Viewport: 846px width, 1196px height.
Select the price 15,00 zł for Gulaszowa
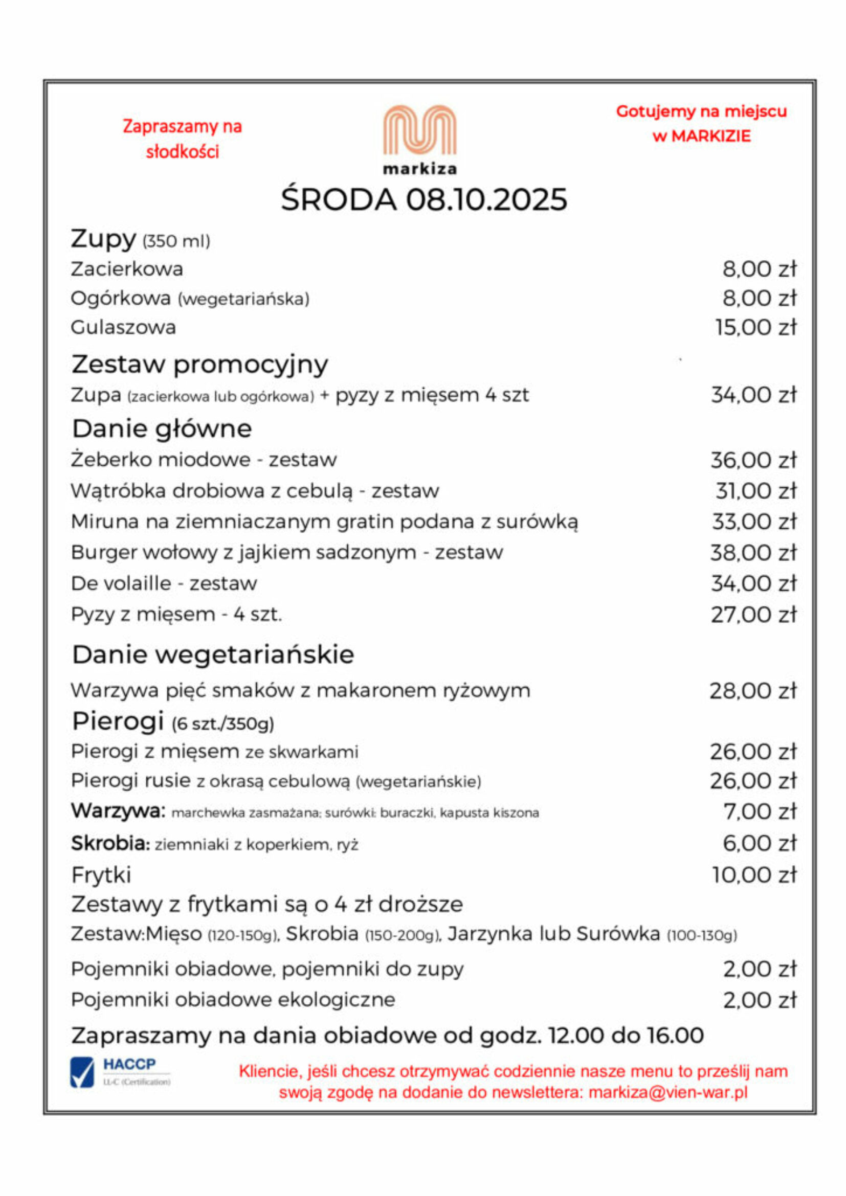coord(756,328)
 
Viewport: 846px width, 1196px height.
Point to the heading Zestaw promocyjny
coord(200,364)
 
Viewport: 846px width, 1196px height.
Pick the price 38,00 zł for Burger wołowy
coord(754,553)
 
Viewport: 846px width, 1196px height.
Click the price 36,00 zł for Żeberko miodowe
coord(754,461)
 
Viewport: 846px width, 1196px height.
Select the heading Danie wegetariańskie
coord(213,655)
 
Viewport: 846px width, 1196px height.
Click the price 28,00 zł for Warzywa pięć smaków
coord(753,691)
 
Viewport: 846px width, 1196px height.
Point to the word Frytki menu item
coord(101,875)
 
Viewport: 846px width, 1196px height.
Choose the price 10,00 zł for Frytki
coord(755,875)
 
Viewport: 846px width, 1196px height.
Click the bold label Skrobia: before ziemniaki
coord(110,843)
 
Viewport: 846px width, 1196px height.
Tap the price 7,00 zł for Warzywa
coord(760,811)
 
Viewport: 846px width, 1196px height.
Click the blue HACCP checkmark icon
coord(82,1073)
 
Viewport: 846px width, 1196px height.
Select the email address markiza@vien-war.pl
coord(668,1092)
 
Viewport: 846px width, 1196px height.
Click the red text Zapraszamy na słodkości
coord(182,139)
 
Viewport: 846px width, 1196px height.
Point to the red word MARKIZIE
coord(711,137)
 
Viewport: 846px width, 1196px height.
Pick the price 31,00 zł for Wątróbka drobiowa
coord(756,491)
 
